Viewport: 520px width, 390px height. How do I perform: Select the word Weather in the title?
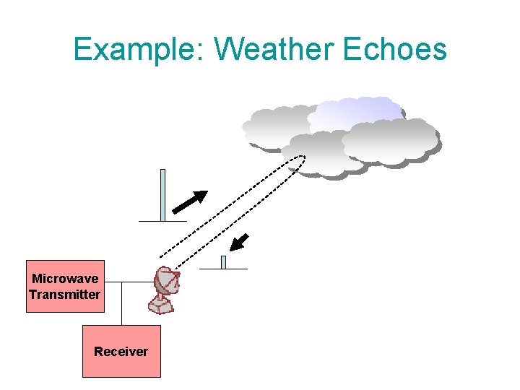click(274, 49)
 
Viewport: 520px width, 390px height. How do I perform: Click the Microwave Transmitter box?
click(65, 286)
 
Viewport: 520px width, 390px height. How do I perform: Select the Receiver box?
click(121, 351)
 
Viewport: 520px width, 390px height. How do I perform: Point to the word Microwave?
click(65, 279)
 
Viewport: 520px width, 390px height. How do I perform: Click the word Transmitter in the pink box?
click(65, 295)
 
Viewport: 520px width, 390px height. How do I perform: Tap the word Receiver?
click(121, 352)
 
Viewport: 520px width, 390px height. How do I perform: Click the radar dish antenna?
click(165, 290)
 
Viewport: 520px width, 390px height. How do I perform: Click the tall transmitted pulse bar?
click(162, 194)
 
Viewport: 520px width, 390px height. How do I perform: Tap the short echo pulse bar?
click(223, 262)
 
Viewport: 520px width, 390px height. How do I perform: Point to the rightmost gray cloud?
click(391, 141)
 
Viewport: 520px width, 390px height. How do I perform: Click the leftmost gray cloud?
click(278, 129)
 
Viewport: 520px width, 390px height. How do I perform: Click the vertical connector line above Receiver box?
click(121, 303)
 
